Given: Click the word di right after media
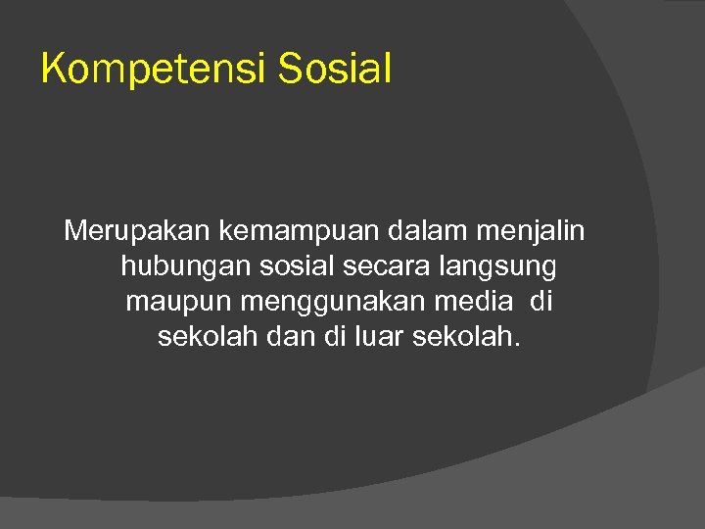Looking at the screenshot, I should click(541, 302).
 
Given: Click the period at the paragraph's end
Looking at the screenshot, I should click(517, 345).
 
